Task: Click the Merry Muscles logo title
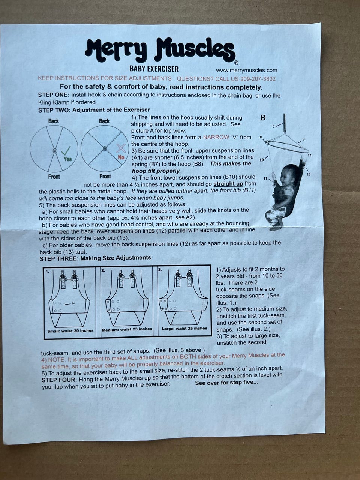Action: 160,50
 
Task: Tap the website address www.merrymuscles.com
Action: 246,70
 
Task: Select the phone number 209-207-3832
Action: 258,79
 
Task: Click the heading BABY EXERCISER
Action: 154,69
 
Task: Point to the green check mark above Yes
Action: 66,151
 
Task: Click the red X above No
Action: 121,148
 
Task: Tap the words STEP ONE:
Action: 54,95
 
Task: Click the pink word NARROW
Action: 216,137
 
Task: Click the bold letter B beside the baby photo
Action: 263,118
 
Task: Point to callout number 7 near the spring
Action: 273,127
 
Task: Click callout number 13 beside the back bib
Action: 309,174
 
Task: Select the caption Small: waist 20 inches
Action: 70,331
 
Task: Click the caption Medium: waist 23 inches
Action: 127,329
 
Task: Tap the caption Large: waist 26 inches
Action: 184,328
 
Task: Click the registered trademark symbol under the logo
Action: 236,63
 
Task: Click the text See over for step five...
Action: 226,382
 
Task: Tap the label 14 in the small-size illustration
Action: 73,303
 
